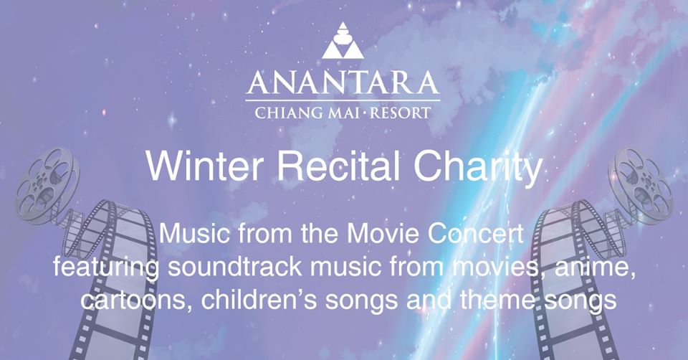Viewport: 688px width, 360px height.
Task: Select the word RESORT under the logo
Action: coord(400,113)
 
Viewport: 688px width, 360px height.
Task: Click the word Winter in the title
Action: coord(205,166)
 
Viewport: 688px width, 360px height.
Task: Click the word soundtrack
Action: coord(234,267)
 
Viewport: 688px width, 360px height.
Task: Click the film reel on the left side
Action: coord(48,185)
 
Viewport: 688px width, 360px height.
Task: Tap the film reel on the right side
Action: coord(640,185)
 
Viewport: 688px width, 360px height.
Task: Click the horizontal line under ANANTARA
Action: coord(343,100)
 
